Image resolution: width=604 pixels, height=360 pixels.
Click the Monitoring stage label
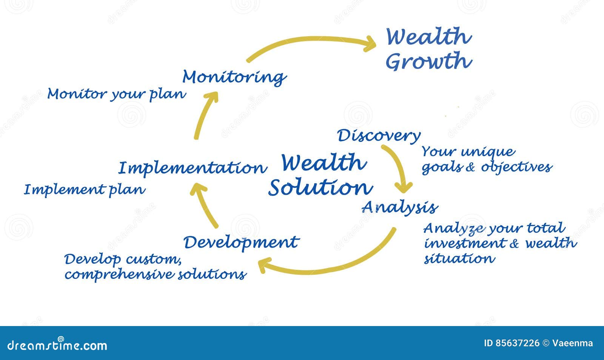(234, 77)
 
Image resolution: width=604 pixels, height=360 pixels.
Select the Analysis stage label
(399, 207)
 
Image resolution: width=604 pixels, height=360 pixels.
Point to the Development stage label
(241, 242)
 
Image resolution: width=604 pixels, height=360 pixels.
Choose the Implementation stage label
(193, 168)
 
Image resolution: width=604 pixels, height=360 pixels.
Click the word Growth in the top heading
(428, 62)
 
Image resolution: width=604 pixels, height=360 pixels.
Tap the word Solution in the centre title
(320, 188)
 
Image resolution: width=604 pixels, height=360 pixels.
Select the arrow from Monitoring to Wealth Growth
(310, 42)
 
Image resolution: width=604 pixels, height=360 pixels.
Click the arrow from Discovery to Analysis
(398, 166)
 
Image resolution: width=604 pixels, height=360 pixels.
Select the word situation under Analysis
(459, 259)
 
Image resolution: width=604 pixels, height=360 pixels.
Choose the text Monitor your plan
(116, 94)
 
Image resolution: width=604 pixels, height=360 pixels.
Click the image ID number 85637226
(517, 343)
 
